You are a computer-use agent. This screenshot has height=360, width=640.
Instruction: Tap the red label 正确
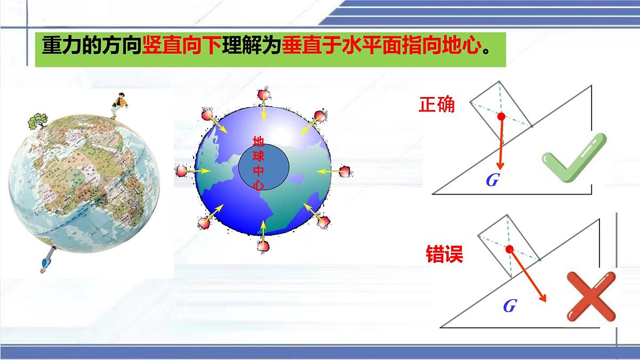[x=437, y=104]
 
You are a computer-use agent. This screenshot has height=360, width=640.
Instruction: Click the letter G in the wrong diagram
[x=509, y=306]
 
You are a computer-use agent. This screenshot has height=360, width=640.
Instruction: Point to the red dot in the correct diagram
[x=501, y=116]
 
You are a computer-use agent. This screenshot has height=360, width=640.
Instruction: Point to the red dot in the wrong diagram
[x=509, y=249]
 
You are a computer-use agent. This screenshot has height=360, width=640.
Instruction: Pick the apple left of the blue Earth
[x=181, y=171]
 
